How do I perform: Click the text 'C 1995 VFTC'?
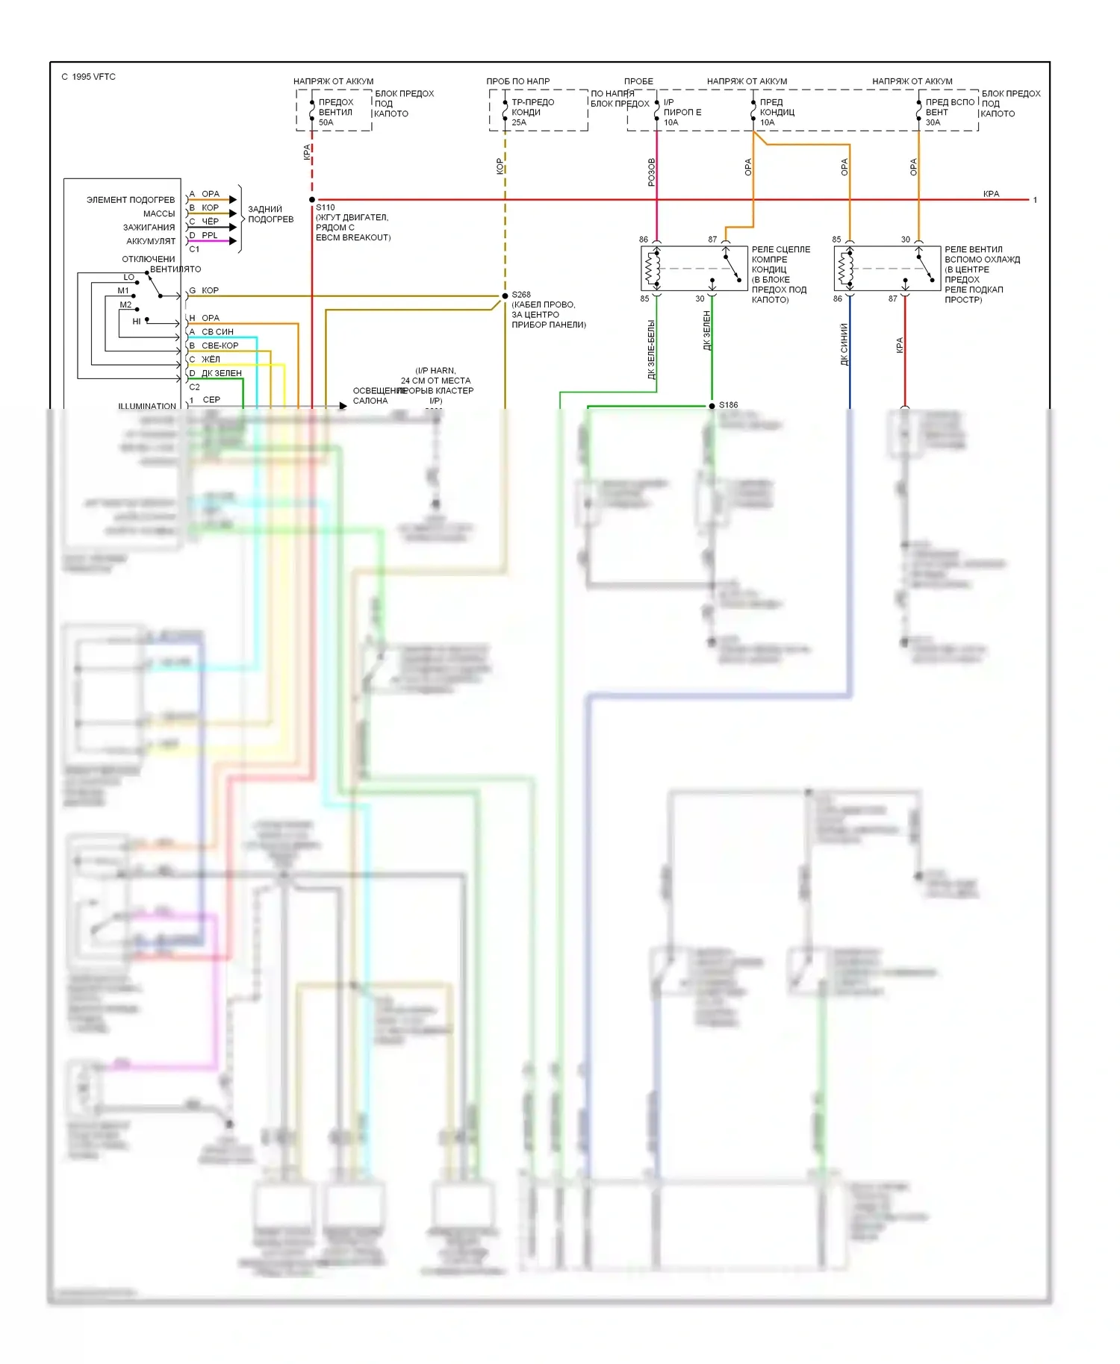(88, 77)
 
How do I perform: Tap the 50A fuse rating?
(326, 122)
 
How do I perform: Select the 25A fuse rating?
(519, 122)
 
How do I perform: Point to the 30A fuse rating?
(933, 122)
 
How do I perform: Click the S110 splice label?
(326, 207)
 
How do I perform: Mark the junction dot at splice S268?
(505, 296)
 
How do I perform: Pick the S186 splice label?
(728, 405)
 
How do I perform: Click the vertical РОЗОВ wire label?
(652, 172)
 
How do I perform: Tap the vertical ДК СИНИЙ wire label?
(844, 344)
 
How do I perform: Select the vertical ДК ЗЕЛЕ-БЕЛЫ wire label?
(651, 350)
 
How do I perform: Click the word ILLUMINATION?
(147, 407)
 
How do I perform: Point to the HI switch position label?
(137, 322)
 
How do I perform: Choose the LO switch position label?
(129, 277)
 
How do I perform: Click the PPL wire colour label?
(210, 236)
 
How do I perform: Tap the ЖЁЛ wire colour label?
(211, 360)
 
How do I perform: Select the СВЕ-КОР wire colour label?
(220, 346)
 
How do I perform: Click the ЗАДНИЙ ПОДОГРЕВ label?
(270, 214)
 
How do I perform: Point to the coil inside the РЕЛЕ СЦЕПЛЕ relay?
(653, 269)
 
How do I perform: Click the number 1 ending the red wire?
(1035, 200)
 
